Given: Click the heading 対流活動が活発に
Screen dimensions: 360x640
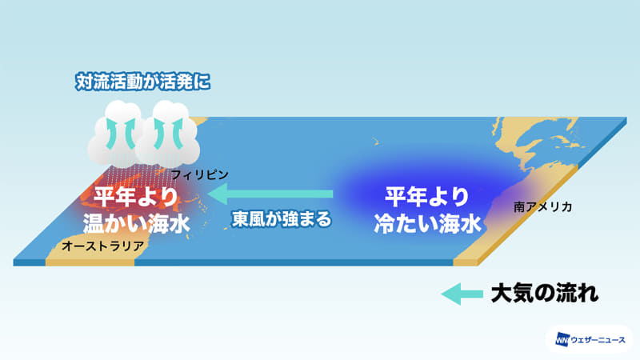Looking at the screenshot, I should click(142, 81).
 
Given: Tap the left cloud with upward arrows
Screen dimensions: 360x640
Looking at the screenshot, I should click(111, 132).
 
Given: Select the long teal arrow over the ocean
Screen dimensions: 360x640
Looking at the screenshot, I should click(275, 193).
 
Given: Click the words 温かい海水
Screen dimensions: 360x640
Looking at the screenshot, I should click(136, 222).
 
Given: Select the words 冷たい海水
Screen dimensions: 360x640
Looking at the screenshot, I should click(427, 223).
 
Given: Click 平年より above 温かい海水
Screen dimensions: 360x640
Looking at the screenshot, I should click(135, 195).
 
